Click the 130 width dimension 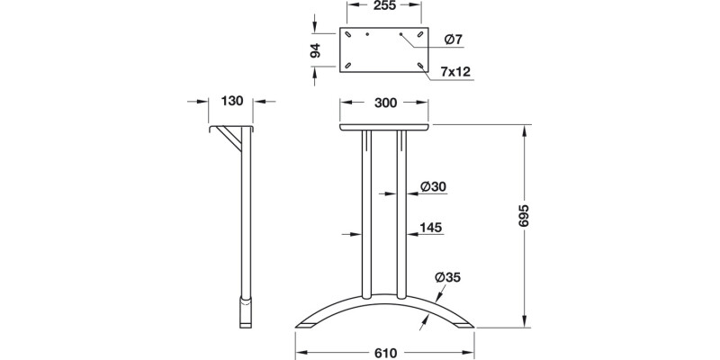coord(232,101)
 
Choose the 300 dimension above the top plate coord(385,103)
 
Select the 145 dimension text coord(430,229)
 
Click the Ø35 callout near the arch coord(446,276)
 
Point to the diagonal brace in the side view coord(236,142)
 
